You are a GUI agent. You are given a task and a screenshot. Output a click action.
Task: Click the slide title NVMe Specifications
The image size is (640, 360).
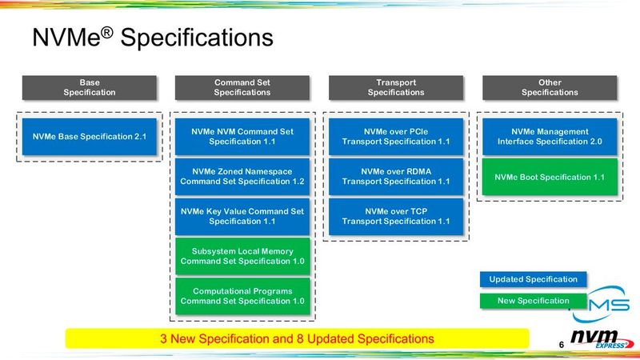[x=152, y=38]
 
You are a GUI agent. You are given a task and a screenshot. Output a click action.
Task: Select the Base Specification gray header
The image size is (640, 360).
[x=89, y=87]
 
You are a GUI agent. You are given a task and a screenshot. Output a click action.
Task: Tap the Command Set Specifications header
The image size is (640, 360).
[x=242, y=87]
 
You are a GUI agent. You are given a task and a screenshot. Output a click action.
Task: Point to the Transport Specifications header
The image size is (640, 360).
[x=396, y=87]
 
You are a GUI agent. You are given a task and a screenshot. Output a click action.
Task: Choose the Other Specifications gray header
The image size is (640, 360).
[x=550, y=87]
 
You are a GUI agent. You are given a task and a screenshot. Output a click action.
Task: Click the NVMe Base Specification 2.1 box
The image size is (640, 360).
[x=89, y=137]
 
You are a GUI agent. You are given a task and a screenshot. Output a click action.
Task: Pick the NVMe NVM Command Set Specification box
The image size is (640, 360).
[x=242, y=137]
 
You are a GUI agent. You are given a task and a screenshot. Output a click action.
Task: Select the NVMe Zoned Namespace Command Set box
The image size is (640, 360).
[x=242, y=176]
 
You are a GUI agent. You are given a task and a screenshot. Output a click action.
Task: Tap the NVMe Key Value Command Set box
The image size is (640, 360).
[x=242, y=216]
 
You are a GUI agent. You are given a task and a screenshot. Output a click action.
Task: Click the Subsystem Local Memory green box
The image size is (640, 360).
[x=242, y=256]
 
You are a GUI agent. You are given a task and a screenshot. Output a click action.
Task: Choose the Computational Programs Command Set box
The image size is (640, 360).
[x=242, y=296]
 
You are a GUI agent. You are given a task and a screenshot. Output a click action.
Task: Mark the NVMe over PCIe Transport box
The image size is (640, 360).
[x=396, y=137]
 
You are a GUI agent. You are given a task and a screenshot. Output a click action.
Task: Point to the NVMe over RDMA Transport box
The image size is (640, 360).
[x=396, y=176]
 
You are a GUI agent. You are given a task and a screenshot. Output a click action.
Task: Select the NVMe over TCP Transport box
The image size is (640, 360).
[x=396, y=216]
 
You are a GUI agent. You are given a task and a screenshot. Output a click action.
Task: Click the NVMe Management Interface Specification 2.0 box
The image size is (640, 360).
[x=550, y=137]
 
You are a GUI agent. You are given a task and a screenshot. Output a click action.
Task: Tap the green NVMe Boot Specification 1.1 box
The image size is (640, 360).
[x=550, y=177]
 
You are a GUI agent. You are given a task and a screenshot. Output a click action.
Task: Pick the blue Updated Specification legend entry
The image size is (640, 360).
[x=533, y=279]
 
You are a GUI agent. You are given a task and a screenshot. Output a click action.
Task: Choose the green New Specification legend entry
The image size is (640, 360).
[x=533, y=301]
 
